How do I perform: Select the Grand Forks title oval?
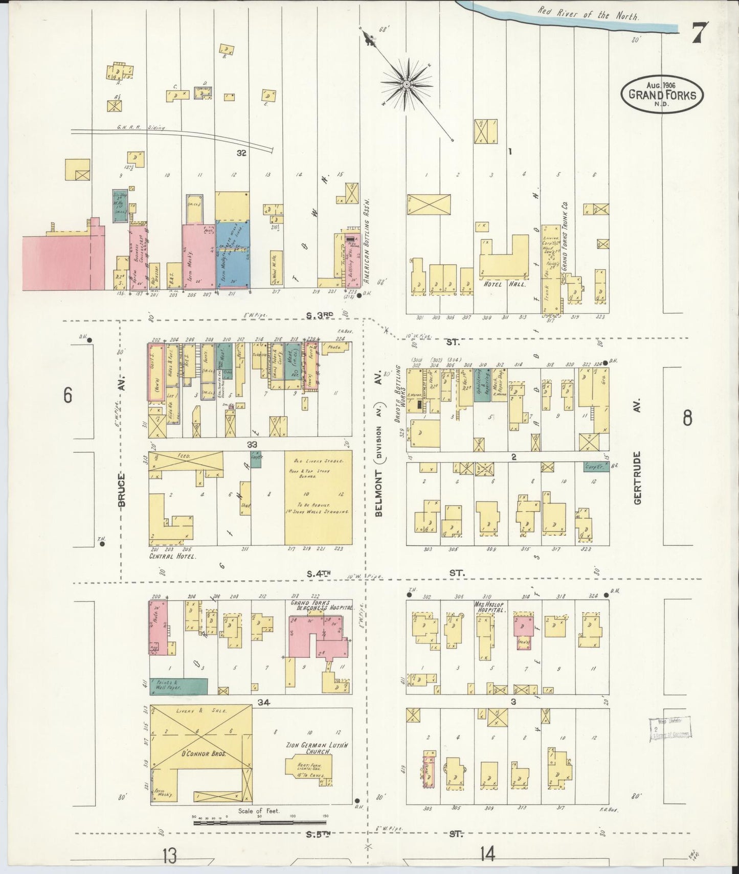click(662, 94)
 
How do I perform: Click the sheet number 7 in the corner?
click(700, 34)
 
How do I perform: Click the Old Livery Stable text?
click(318, 461)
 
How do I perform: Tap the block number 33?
click(252, 444)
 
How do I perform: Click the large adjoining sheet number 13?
click(170, 855)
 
